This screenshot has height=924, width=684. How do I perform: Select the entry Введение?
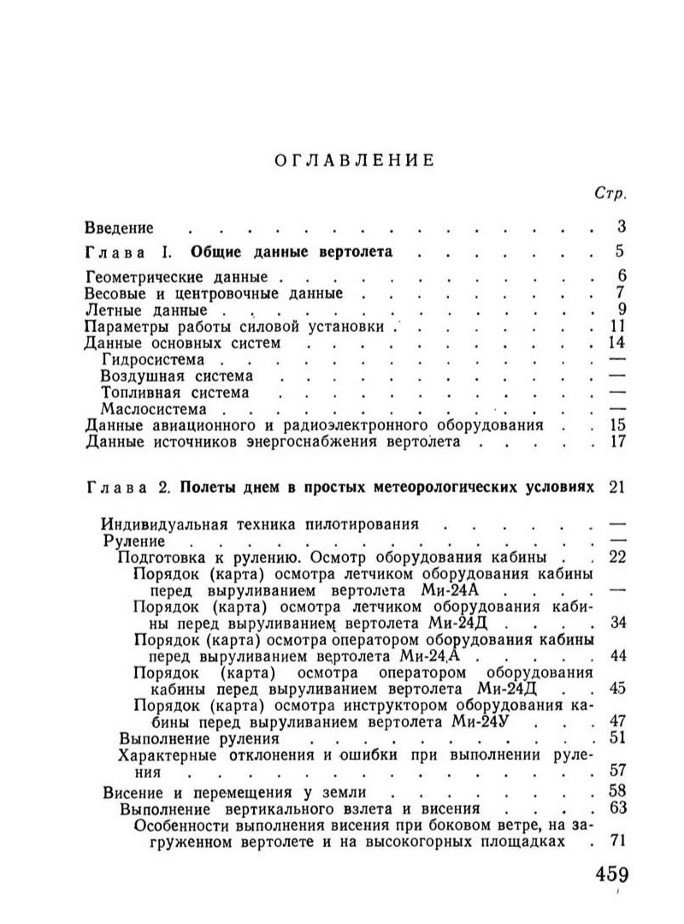tap(120, 228)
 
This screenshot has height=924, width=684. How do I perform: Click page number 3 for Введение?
tap(622, 227)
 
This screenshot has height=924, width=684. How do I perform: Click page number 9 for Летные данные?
tap(623, 310)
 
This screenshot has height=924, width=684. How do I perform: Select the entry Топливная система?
tap(175, 393)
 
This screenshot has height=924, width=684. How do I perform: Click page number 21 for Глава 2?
tap(619, 488)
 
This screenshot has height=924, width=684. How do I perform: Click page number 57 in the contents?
tap(617, 769)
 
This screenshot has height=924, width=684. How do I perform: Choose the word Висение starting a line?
tap(133, 791)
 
